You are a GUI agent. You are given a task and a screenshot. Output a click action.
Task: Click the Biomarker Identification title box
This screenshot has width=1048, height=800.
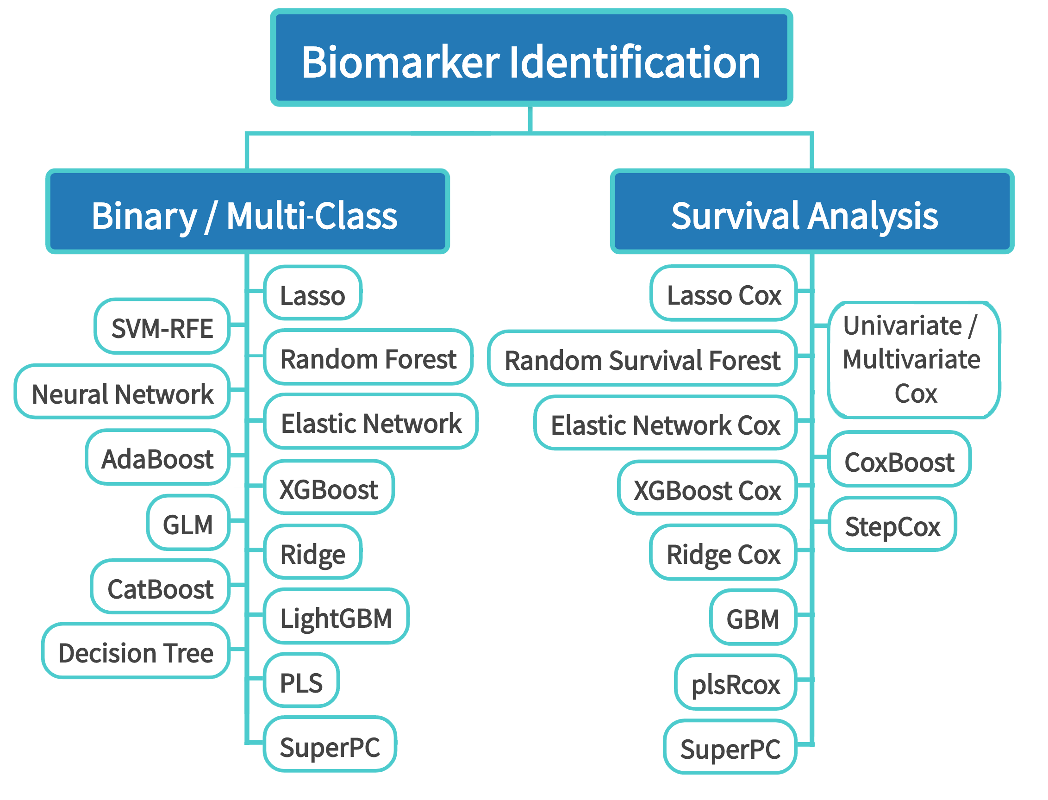click(x=531, y=57)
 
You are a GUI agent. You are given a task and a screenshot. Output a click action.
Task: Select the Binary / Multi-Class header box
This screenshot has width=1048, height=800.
click(x=247, y=212)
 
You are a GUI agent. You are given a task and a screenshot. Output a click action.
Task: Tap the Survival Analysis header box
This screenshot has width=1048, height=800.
click(x=812, y=212)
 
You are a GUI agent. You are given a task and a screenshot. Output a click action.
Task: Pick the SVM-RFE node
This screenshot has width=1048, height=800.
click(x=162, y=327)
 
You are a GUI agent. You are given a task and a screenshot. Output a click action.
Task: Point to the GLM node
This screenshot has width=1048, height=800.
click(x=188, y=523)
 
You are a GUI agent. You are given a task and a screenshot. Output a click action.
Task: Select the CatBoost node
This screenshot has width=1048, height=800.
click(x=161, y=587)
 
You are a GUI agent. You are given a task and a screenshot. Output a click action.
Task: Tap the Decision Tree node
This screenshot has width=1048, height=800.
click(x=136, y=651)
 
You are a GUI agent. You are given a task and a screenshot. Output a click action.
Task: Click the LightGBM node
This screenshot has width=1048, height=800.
click(x=336, y=617)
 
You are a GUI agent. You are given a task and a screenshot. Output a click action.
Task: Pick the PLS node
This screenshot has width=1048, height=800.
click(x=301, y=681)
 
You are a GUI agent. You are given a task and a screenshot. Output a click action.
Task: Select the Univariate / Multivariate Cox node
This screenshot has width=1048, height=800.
click(x=914, y=360)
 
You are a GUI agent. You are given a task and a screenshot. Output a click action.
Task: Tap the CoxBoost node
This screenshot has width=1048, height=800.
click(x=899, y=460)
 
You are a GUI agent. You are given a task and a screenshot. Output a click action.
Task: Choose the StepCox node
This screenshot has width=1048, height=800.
click(x=893, y=524)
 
